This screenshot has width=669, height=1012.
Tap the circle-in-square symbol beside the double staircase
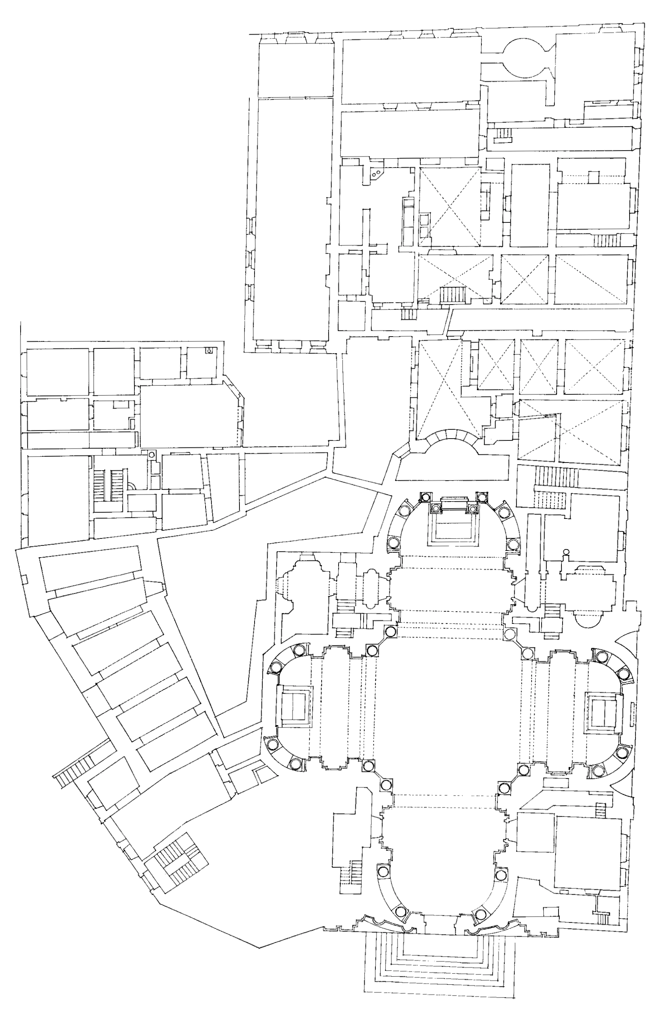(x=151, y=454)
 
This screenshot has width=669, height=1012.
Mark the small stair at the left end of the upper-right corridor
(x=502, y=134)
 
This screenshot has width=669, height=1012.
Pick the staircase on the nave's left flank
(x=351, y=872)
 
